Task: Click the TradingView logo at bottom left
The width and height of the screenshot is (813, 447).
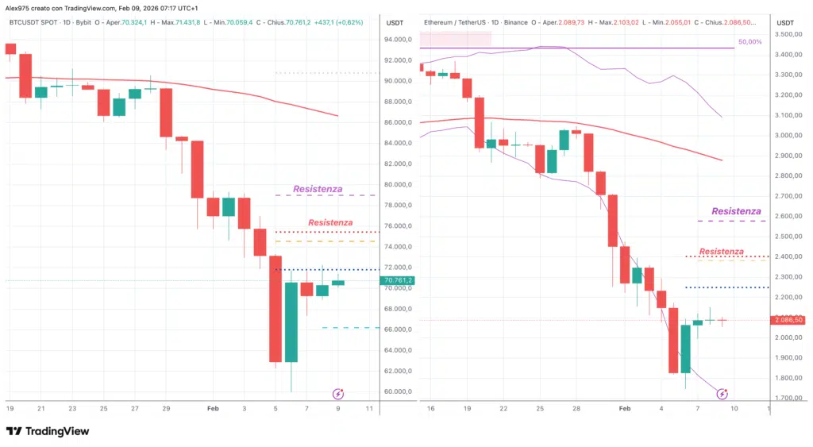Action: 48,431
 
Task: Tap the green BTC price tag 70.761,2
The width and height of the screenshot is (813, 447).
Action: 398,280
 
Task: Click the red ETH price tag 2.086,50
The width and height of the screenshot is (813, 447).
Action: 787,320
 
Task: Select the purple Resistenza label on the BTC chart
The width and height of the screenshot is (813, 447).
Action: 318,189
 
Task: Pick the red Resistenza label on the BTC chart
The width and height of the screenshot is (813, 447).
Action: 330,223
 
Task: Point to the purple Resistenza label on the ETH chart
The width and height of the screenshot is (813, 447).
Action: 736,211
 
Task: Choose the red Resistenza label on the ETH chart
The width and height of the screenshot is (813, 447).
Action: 722,252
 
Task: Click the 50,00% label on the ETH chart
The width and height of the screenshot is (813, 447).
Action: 749,41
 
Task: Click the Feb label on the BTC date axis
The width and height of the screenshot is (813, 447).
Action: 212,408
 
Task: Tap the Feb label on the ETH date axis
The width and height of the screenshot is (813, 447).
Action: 625,408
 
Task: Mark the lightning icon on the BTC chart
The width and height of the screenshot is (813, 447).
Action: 338,393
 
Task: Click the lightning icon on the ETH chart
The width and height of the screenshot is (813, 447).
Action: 722,393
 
